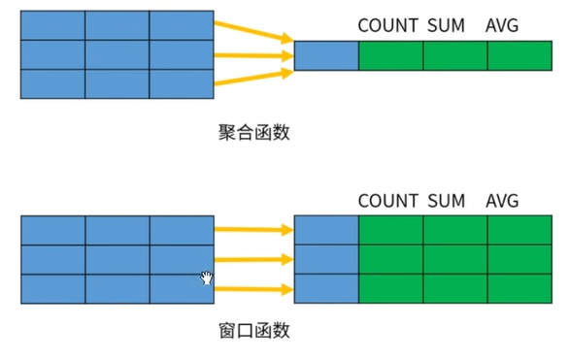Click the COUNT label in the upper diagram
pos(388,25)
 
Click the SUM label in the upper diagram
pos(446,25)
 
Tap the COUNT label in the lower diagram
pos(388,202)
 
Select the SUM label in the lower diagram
pos(446,202)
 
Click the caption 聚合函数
pos(254,132)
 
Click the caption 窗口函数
pos(254,330)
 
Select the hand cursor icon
pos(207,278)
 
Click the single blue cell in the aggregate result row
pos(325,56)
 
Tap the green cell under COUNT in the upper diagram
pos(390,56)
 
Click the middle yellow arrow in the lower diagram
pos(252,259)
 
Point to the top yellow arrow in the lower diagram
pos(252,230)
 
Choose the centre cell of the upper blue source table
pos(117,54)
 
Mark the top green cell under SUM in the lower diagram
pos(455,230)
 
